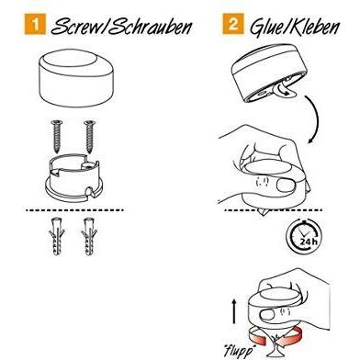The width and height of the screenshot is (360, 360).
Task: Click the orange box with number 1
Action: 35,24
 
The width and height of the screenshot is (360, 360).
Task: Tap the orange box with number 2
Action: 233,24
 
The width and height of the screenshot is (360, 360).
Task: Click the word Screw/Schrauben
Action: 122,26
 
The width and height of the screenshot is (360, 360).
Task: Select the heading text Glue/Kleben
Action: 295,27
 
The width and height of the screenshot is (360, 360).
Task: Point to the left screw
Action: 57,137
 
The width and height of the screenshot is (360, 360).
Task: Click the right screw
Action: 90,137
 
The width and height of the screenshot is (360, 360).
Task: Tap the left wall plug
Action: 57,236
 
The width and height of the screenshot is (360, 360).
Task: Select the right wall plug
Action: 89,236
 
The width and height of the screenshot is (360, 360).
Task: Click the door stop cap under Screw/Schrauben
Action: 76,79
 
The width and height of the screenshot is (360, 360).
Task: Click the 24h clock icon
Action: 304,237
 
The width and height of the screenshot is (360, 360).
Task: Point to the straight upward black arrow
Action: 234,311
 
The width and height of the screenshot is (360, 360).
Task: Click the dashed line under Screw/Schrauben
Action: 74,210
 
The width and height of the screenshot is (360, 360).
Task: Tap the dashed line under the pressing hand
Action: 274,210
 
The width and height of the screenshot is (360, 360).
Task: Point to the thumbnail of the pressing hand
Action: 285,185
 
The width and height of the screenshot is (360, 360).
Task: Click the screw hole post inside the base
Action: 87,165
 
